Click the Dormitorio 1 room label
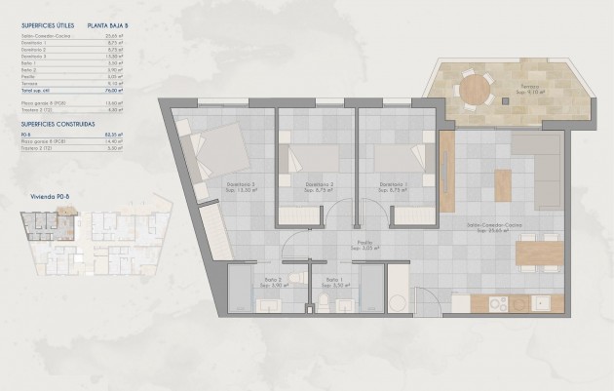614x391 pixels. click(x=393, y=185)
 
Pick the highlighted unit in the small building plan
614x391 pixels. click(x=40, y=226)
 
